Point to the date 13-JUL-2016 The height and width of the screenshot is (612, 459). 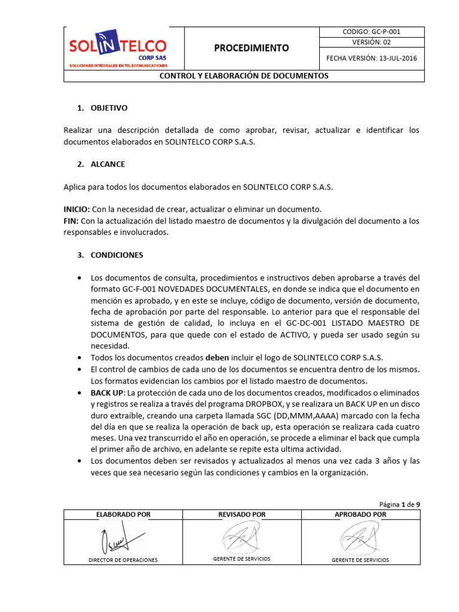[396, 58]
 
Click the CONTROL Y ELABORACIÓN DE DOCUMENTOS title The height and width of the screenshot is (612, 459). [243, 76]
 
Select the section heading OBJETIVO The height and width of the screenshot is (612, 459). [109, 108]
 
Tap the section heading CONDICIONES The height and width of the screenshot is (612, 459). [117, 255]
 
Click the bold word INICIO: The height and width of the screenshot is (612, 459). [76, 209]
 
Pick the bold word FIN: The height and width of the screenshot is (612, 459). [71, 221]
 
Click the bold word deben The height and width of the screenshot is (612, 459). [218, 357]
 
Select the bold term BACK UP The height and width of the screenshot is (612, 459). [106, 392]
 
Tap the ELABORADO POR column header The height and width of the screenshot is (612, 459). [123, 514]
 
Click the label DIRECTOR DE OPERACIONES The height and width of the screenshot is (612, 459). [123, 560]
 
